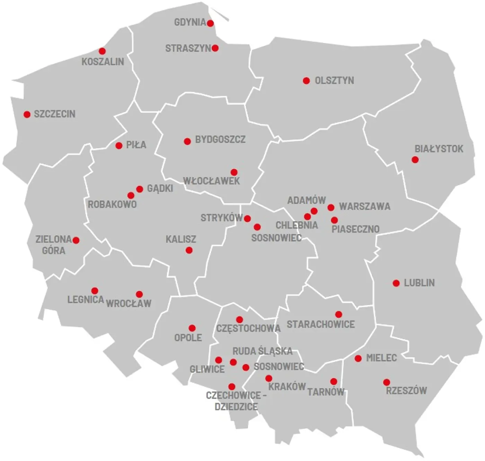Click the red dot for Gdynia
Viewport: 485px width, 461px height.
pyautogui.click(x=210, y=23)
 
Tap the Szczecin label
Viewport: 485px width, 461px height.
pyautogui.click(x=54, y=114)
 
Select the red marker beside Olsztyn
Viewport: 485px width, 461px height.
pyautogui.click(x=306, y=81)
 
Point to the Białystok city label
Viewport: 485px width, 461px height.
pyautogui.click(x=439, y=149)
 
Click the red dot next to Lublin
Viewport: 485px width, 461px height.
pyautogui.click(x=396, y=283)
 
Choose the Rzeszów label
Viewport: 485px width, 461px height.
pyautogui.click(x=406, y=391)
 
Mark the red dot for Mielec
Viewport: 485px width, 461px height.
pyautogui.click(x=358, y=358)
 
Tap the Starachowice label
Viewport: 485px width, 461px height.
pyautogui.click(x=320, y=324)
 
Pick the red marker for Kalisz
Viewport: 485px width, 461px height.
pyautogui.click(x=189, y=250)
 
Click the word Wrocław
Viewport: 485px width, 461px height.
pyautogui.click(x=129, y=304)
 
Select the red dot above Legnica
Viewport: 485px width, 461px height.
pyautogui.click(x=95, y=291)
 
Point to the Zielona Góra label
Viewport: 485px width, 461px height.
pyautogui.click(x=54, y=245)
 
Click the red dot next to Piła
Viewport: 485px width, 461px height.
pyautogui.click(x=119, y=146)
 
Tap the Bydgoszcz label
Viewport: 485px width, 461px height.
pyautogui.click(x=220, y=139)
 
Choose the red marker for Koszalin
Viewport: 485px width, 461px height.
pyautogui.click(x=102, y=51)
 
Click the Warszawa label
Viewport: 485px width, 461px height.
pyautogui.click(x=364, y=206)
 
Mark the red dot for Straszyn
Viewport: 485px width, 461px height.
pyautogui.click(x=215, y=48)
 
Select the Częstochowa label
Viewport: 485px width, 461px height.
pyautogui.click(x=248, y=328)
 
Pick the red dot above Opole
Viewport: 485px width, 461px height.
pyautogui.click(x=192, y=328)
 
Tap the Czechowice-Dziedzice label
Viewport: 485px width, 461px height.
pyautogui.click(x=236, y=401)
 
